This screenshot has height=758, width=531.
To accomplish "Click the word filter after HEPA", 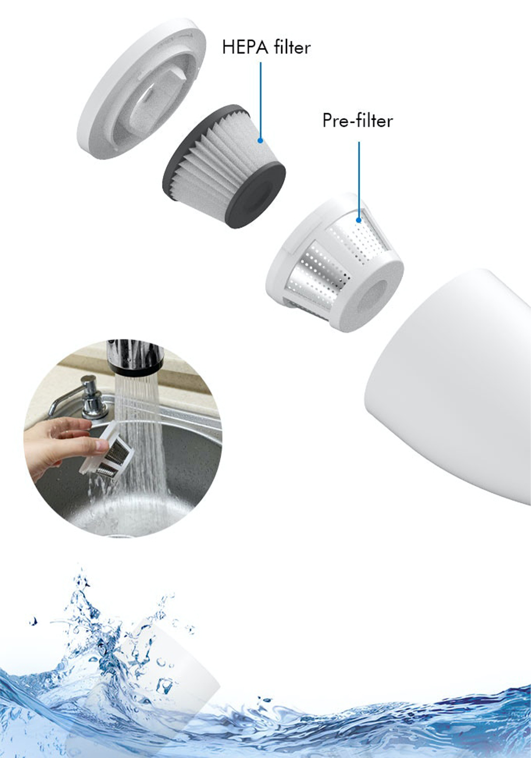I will coord(292,47).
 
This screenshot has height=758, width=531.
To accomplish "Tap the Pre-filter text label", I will coord(358,120).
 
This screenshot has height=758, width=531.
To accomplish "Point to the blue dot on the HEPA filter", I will coord(261,140).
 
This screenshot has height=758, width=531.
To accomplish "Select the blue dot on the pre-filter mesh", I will coord(359,220).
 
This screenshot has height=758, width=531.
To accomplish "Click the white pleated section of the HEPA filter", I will coord(217,152).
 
